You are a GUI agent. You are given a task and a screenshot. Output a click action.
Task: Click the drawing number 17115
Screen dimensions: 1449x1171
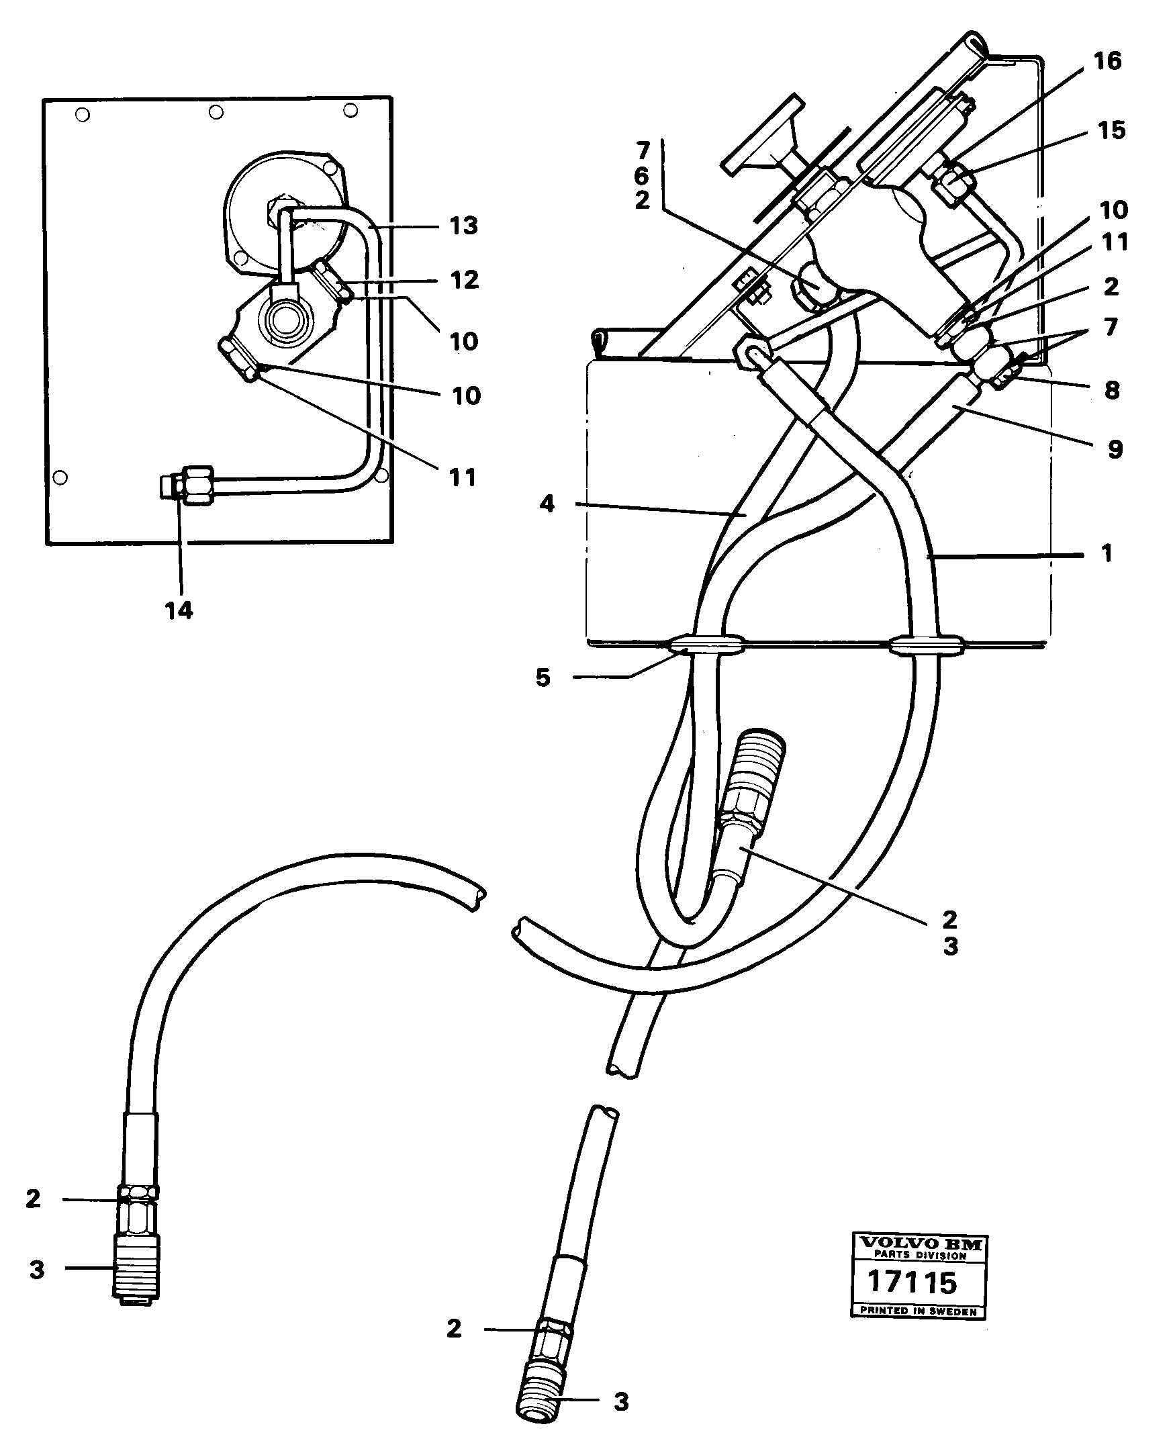pos(911,1282)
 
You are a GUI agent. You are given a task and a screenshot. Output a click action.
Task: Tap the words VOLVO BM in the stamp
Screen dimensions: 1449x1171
pos(919,1244)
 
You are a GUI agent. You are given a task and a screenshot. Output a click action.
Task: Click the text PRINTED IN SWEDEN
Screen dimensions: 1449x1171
pos(918,1311)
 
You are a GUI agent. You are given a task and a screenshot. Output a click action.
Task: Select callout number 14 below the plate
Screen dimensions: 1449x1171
pos(179,610)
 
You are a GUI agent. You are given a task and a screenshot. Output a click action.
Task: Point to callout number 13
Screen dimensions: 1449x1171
pos(463,226)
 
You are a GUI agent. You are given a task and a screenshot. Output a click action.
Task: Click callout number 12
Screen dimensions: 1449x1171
pos(464,280)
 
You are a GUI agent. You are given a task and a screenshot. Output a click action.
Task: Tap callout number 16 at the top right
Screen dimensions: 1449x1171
pos(1107,60)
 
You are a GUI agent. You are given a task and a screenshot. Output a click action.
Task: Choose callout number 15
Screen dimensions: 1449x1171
pos(1111,130)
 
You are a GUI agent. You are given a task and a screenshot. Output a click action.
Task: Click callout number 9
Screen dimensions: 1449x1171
pos(1115,449)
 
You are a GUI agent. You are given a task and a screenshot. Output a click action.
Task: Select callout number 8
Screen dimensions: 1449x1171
pos(1112,390)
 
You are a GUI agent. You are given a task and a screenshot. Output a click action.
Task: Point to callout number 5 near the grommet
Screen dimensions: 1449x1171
pos(543,677)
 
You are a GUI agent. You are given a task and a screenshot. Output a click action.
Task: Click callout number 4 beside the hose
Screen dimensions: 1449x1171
pos(547,503)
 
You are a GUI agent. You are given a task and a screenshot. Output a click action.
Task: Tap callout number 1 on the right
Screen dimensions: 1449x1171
pos(1107,554)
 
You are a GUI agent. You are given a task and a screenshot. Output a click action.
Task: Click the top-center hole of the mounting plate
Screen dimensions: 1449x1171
pos(216,112)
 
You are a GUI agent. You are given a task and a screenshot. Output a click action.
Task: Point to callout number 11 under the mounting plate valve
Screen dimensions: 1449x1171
pos(463,477)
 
